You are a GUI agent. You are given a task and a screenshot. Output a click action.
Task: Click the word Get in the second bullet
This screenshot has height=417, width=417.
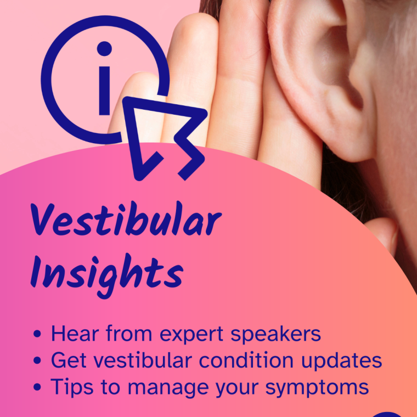(x=67, y=360)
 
